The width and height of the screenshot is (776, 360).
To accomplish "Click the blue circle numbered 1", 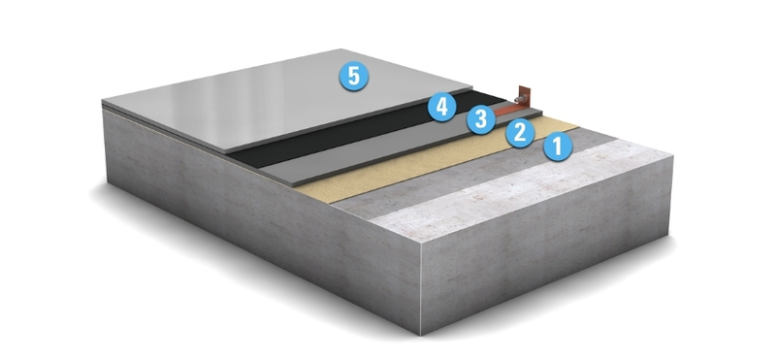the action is click(558, 147).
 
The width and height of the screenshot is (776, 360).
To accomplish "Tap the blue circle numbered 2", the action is click(520, 132).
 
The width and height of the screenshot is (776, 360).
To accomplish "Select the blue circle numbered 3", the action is click(480, 118).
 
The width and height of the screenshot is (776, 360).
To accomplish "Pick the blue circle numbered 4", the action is click(442, 107).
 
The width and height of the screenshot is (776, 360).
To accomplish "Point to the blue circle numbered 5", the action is click(353, 77).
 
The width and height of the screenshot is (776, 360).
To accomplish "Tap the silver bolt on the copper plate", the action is click(519, 99).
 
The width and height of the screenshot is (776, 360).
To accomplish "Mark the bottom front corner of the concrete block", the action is click(421, 336).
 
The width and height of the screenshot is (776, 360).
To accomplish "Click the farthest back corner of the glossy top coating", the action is click(341, 49).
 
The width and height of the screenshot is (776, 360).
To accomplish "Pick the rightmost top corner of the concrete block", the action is click(673, 155).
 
